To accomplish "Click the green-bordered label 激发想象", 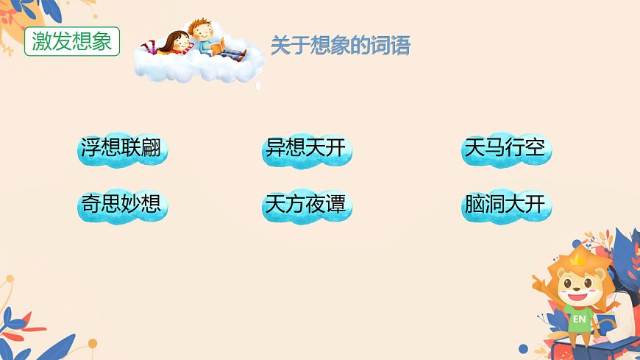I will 71,41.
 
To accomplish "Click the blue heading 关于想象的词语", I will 340,46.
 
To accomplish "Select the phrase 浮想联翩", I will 121,149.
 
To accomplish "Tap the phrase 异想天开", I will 305,149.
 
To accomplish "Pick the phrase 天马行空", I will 505,149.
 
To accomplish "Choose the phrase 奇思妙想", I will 121,204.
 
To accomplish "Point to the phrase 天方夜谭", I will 305,204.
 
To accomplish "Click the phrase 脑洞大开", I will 505,204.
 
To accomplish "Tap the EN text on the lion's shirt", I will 580,319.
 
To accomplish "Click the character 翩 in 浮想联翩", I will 152,149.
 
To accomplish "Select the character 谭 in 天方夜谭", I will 335,204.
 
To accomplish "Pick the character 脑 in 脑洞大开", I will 474,204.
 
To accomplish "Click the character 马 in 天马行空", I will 495,149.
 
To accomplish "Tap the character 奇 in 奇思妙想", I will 91,204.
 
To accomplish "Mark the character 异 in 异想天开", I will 275,149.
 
